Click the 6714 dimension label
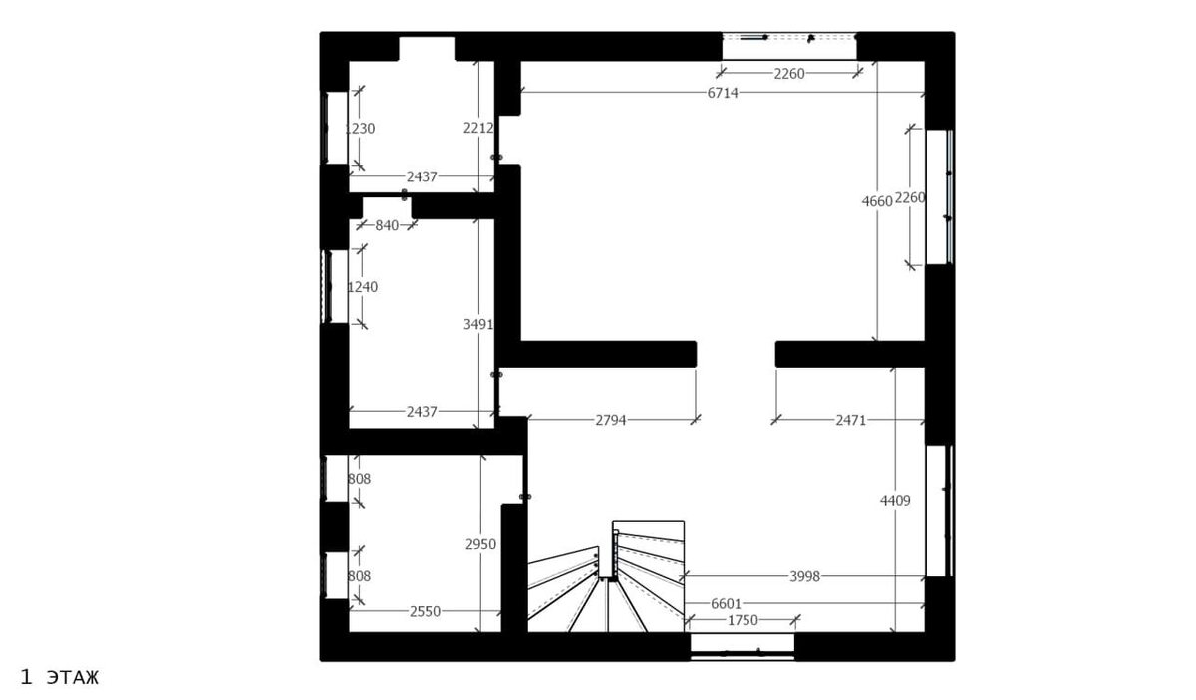pos(723,93)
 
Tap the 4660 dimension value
pos(877,201)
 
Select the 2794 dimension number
pos(611,420)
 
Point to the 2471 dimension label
pos(850,420)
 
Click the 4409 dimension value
pos(895,501)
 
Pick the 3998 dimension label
pos(804,576)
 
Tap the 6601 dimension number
pos(727,604)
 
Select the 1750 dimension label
pos(743,620)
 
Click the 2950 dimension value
pos(480,544)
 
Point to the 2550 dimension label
pos(425,612)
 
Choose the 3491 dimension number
pos(478,324)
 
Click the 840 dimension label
pos(387,226)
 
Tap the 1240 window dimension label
pos(363,287)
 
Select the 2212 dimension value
pos(478,128)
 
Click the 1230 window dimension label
pos(360,129)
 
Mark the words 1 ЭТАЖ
pos(59,677)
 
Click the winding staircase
pos(606,577)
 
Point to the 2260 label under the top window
pos(789,74)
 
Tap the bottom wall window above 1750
pos(743,646)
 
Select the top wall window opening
pos(789,47)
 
